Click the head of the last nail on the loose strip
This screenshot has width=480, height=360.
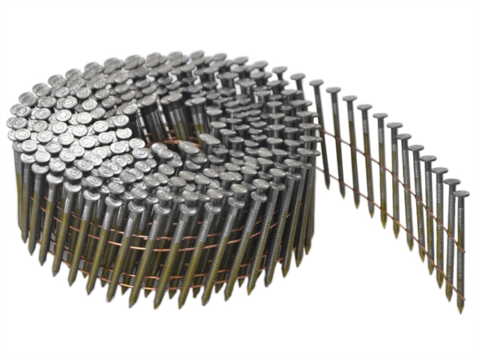point(461,194)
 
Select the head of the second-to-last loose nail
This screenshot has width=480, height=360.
point(451,181)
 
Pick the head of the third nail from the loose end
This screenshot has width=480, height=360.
point(439,171)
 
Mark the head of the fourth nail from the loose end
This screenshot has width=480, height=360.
point(427,160)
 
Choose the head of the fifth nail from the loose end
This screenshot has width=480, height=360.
point(416,148)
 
